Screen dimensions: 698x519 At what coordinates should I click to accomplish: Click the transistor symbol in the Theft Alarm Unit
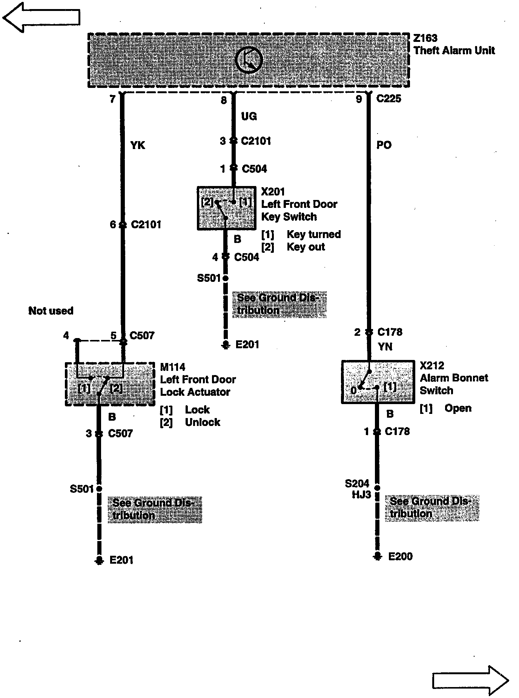pos(249,60)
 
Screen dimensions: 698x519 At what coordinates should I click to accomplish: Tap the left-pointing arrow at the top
pos(41,17)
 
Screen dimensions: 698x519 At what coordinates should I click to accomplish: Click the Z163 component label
pos(425,38)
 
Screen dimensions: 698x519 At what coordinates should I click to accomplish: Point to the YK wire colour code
pos(138,145)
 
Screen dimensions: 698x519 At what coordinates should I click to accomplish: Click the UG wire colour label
pos(249,116)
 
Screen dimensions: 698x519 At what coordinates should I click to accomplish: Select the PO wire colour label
pos(384,145)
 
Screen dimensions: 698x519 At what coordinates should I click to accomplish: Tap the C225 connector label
pos(389,99)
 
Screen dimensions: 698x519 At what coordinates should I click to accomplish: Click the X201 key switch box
pos(226,208)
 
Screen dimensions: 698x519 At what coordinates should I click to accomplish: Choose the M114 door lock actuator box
pos(110,384)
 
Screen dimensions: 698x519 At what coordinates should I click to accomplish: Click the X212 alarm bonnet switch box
pos(378,382)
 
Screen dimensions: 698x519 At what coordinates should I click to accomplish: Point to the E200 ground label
pos(401,557)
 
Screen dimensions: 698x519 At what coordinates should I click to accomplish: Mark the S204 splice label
pos(357,483)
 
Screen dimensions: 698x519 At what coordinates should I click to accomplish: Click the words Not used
pos(51,311)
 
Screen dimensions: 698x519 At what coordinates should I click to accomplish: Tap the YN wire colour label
pos(385,346)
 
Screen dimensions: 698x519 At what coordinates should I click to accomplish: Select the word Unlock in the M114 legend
pos(203,422)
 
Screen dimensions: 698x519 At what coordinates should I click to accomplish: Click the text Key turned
pos(314,234)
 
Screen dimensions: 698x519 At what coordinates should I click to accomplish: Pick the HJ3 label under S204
pos(362,495)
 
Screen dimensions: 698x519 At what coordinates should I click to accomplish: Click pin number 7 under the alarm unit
pos(112,99)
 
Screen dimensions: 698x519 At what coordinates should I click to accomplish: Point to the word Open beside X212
pos(458,408)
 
